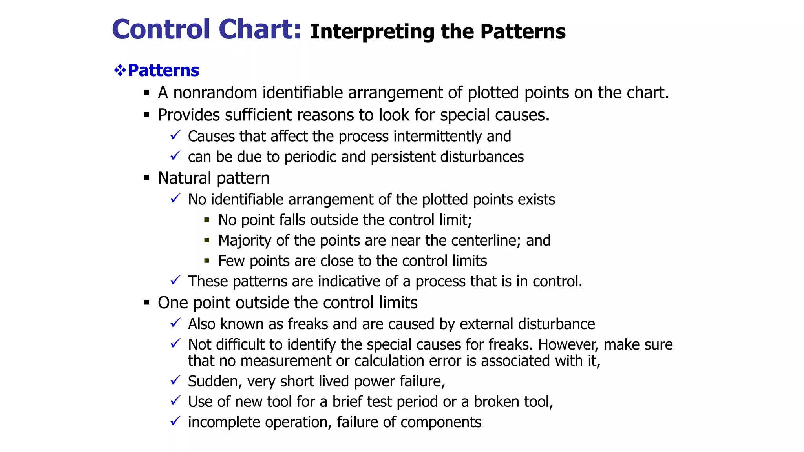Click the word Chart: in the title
259,29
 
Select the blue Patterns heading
163,71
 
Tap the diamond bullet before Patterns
120,71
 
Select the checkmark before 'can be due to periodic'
175,156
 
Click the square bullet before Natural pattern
147,178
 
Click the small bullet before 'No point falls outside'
206,220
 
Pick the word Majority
245,241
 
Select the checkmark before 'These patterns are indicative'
175,281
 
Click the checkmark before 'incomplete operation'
175,421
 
